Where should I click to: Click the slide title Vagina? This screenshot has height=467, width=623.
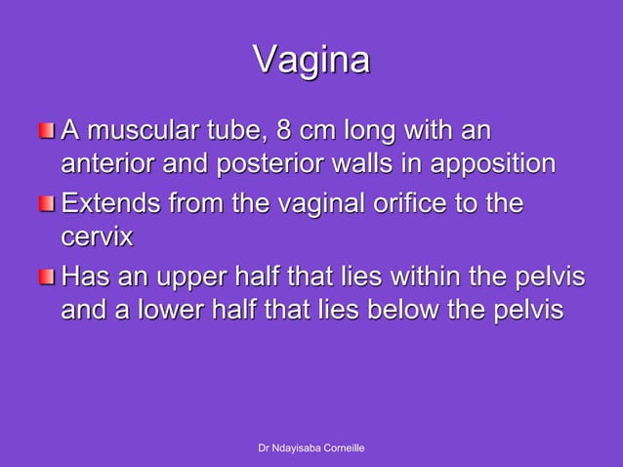tap(311, 60)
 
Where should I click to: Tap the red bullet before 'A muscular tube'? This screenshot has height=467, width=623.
tap(48, 130)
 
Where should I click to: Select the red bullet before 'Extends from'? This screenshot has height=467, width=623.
tap(48, 204)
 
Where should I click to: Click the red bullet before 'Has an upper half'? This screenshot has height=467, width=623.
tap(48, 278)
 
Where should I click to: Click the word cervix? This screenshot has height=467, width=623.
tap(96, 237)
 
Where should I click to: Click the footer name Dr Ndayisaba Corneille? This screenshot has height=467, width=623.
tap(311, 447)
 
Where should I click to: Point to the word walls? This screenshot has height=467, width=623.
tap(374, 163)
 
